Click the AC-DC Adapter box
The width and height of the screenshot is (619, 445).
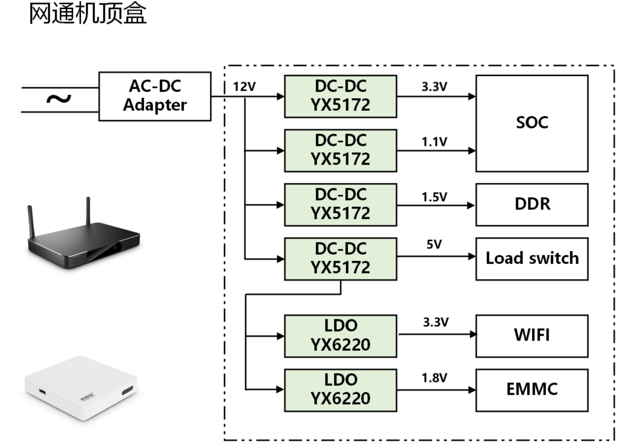(x=155, y=96)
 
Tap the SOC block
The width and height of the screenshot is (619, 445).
(x=532, y=123)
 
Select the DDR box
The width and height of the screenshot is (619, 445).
(x=532, y=205)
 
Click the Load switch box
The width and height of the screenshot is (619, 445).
(x=532, y=259)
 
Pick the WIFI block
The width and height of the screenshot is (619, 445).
(x=532, y=336)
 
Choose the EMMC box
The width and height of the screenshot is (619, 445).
(x=532, y=390)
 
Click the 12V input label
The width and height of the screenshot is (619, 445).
(x=244, y=87)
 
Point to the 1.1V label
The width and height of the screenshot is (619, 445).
(x=434, y=142)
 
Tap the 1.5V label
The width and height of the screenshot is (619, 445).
(x=434, y=197)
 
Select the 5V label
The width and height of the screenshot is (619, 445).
(x=434, y=244)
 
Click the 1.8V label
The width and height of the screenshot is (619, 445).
(x=434, y=378)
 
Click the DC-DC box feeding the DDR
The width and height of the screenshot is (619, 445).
(x=340, y=205)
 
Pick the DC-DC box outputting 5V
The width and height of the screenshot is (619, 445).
(x=340, y=259)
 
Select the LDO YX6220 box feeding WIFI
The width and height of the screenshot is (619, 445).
(x=340, y=336)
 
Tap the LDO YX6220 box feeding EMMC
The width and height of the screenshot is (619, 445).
(x=340, y=390)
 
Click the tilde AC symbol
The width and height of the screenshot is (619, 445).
(x=59, y=99)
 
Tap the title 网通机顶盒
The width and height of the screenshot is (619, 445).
(x=88, y=13)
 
